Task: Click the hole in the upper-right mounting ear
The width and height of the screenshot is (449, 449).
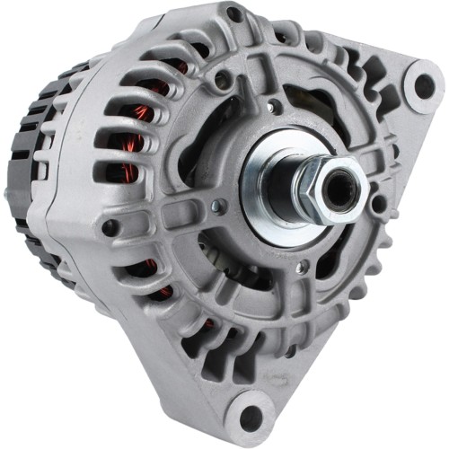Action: (x=423, y=86)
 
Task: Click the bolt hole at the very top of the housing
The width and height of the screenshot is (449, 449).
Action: (x=234, y=14)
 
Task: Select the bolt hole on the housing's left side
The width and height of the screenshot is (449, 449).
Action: (x=110, y=228)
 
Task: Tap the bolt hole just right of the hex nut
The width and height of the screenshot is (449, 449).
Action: (x=379, y=205)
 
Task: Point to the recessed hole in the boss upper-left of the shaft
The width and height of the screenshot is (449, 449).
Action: (x=221, y=82)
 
